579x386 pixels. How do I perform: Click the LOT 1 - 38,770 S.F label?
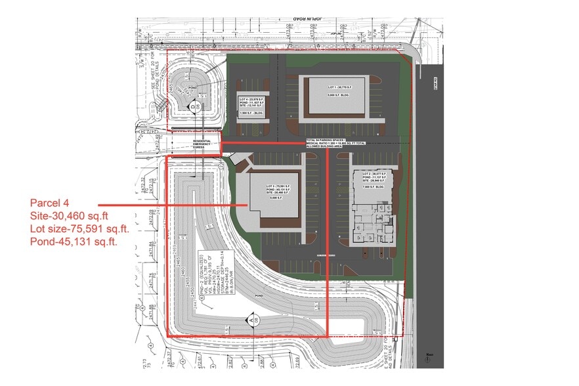coord(342,87)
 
